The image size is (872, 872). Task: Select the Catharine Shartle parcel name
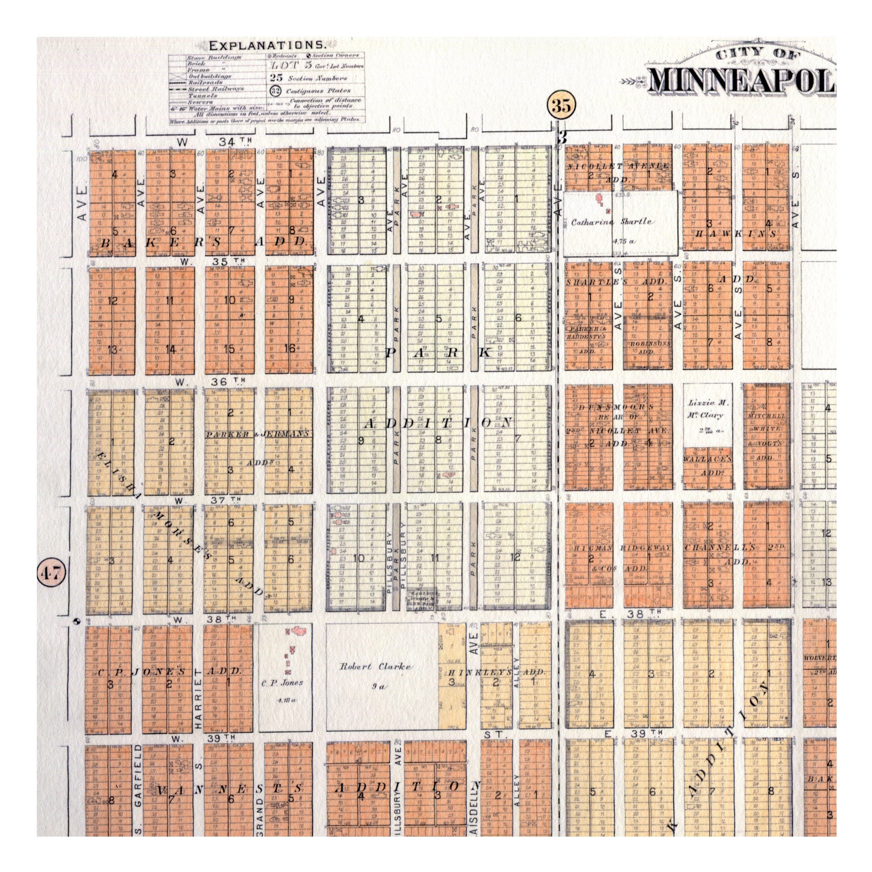tap(611, 222)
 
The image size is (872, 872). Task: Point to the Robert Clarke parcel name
tap(375, 667)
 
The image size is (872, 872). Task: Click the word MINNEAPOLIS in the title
tap(741, 86)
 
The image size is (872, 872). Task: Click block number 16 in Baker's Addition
tap(290, 349)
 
